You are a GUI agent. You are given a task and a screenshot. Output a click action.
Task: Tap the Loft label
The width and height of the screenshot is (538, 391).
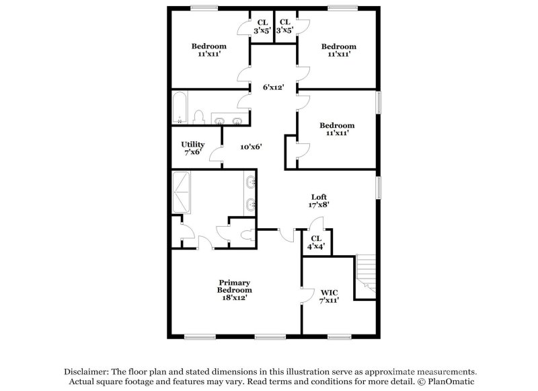(x=319, y=201)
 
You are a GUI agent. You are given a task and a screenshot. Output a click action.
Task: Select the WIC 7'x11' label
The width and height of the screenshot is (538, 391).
(x=329, y=296)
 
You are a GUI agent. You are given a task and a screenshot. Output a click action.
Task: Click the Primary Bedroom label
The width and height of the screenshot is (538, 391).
(x=234, y=289)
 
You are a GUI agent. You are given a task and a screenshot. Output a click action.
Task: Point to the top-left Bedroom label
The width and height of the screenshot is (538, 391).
(x=209, y=50)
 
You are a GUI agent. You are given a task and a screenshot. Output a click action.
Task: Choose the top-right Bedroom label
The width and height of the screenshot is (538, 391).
(x=338, y=50)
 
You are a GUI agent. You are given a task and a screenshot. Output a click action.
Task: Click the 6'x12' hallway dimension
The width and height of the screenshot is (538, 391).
(x=274, y=87)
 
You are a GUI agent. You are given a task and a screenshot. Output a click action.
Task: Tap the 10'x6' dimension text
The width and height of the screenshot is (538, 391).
(x=251, y=146)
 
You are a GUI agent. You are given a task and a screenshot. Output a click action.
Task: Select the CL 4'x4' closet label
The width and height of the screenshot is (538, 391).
(x=316, y=242)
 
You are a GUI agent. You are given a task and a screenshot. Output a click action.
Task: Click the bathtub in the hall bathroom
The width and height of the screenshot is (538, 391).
(x=180, y=108)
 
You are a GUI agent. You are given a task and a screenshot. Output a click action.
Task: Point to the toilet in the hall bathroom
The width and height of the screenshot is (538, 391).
(x=198, y=117)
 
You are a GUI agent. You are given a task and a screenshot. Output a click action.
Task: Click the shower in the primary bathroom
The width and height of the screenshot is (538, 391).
(x=182, y=192)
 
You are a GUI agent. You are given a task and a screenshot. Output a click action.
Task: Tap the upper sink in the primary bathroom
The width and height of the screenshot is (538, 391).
(x=251, y=182)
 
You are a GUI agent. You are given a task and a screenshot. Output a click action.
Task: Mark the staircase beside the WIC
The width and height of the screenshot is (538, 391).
(x=365, y=276)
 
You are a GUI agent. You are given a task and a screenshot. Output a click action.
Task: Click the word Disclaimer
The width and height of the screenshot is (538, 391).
(x=87, y=371)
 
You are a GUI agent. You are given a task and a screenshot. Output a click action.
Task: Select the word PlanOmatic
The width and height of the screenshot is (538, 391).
(x=451, y=382)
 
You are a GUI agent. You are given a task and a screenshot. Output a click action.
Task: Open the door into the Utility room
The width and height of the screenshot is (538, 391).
(x=216, y=155)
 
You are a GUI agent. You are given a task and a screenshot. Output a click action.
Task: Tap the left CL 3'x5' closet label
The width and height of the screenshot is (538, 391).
(x=262, y=26)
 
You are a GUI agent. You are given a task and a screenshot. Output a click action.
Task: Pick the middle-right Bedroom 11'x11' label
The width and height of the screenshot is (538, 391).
(x=337, y=129)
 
